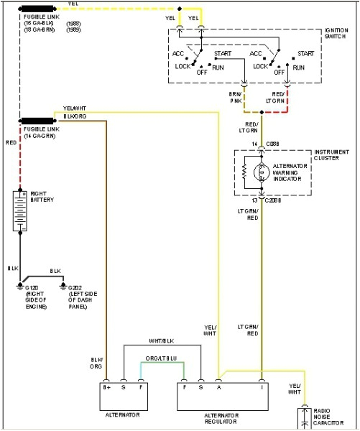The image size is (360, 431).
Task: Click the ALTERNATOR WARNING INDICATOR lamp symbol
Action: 262,172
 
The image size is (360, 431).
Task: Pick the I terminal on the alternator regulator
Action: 262,386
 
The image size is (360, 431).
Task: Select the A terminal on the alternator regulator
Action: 218,386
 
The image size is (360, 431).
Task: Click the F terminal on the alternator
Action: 140,386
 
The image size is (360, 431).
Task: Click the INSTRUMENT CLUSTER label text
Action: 332,156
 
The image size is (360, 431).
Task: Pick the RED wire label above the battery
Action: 10,142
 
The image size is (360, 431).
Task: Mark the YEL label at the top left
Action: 73,4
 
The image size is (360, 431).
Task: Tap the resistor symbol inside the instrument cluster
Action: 246,173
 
